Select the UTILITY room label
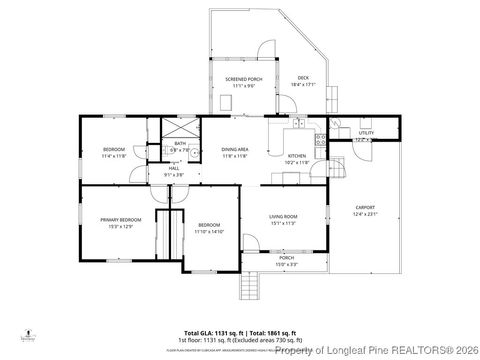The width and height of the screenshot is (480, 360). (x=366, y=132)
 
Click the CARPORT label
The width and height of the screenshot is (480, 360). (x=366, y=208)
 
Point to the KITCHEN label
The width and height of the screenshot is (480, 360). (x=297, y=156)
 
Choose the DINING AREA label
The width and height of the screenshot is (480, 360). (x=235, y=149)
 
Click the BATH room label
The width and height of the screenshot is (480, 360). (x=180, y=143)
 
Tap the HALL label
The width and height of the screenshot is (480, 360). (x=173, y=168)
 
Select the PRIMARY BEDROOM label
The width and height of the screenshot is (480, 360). (x=120, y=219)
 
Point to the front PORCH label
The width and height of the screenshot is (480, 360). (x=286, y=257)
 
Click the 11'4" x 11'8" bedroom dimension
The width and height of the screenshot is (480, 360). (x=113, y=157)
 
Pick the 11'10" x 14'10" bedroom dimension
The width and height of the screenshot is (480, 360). (x=210, y=231)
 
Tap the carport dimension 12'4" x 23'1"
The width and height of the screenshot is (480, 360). (x=366, y=215)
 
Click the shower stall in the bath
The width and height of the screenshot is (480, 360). (x=181, y=127)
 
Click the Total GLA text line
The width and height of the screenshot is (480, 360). (x=239, y=331)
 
